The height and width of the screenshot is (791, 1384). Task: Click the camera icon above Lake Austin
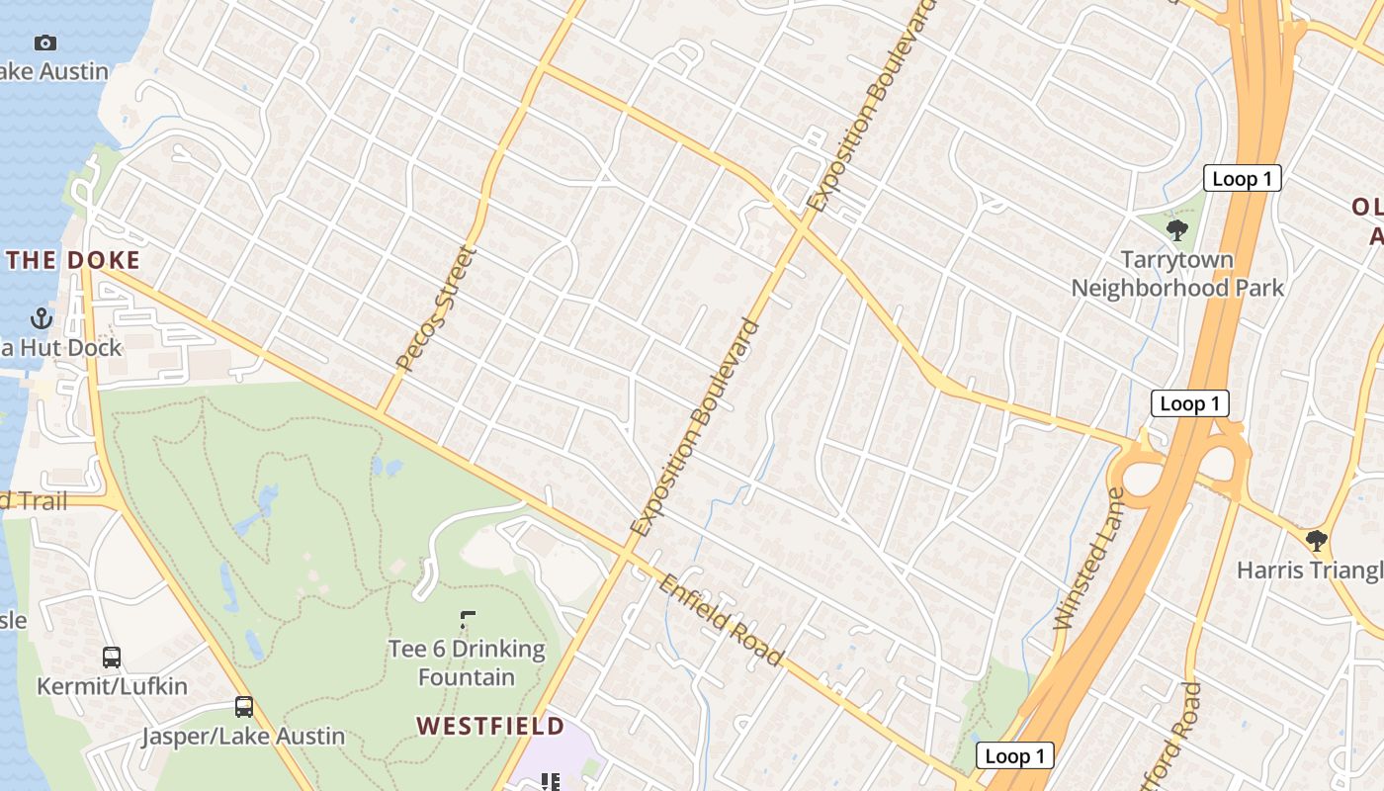[x=44, y=43]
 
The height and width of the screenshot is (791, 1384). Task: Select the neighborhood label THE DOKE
[x=73, y=261]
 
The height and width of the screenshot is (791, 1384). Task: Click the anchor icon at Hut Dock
[x=42, y=318]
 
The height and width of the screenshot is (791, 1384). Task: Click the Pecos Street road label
[x=436, y=308]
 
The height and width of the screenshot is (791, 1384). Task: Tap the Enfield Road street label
[x=722, y=620]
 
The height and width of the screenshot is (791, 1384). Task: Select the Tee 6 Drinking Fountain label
[x=467, y=662]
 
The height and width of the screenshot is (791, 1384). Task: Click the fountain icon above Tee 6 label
[x=468, y=620]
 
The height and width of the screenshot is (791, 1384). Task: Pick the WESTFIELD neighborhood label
[x=490, y=726]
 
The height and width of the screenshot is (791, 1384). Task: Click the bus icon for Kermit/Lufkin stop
[x=112, y=657]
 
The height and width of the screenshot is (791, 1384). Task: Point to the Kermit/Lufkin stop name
[x=112, y=685]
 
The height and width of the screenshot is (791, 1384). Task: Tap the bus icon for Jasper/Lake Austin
[x=244, y=707]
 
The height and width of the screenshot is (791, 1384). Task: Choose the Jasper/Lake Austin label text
[x=243, y=736]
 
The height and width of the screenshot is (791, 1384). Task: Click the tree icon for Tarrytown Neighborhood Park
[x=1176, y=230]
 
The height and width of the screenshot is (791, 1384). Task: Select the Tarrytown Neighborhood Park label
[x=1177, y=274]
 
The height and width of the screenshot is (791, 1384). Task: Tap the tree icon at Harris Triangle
[x=1316, y=540]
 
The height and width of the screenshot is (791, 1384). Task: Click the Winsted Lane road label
[x=1089, y=559]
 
